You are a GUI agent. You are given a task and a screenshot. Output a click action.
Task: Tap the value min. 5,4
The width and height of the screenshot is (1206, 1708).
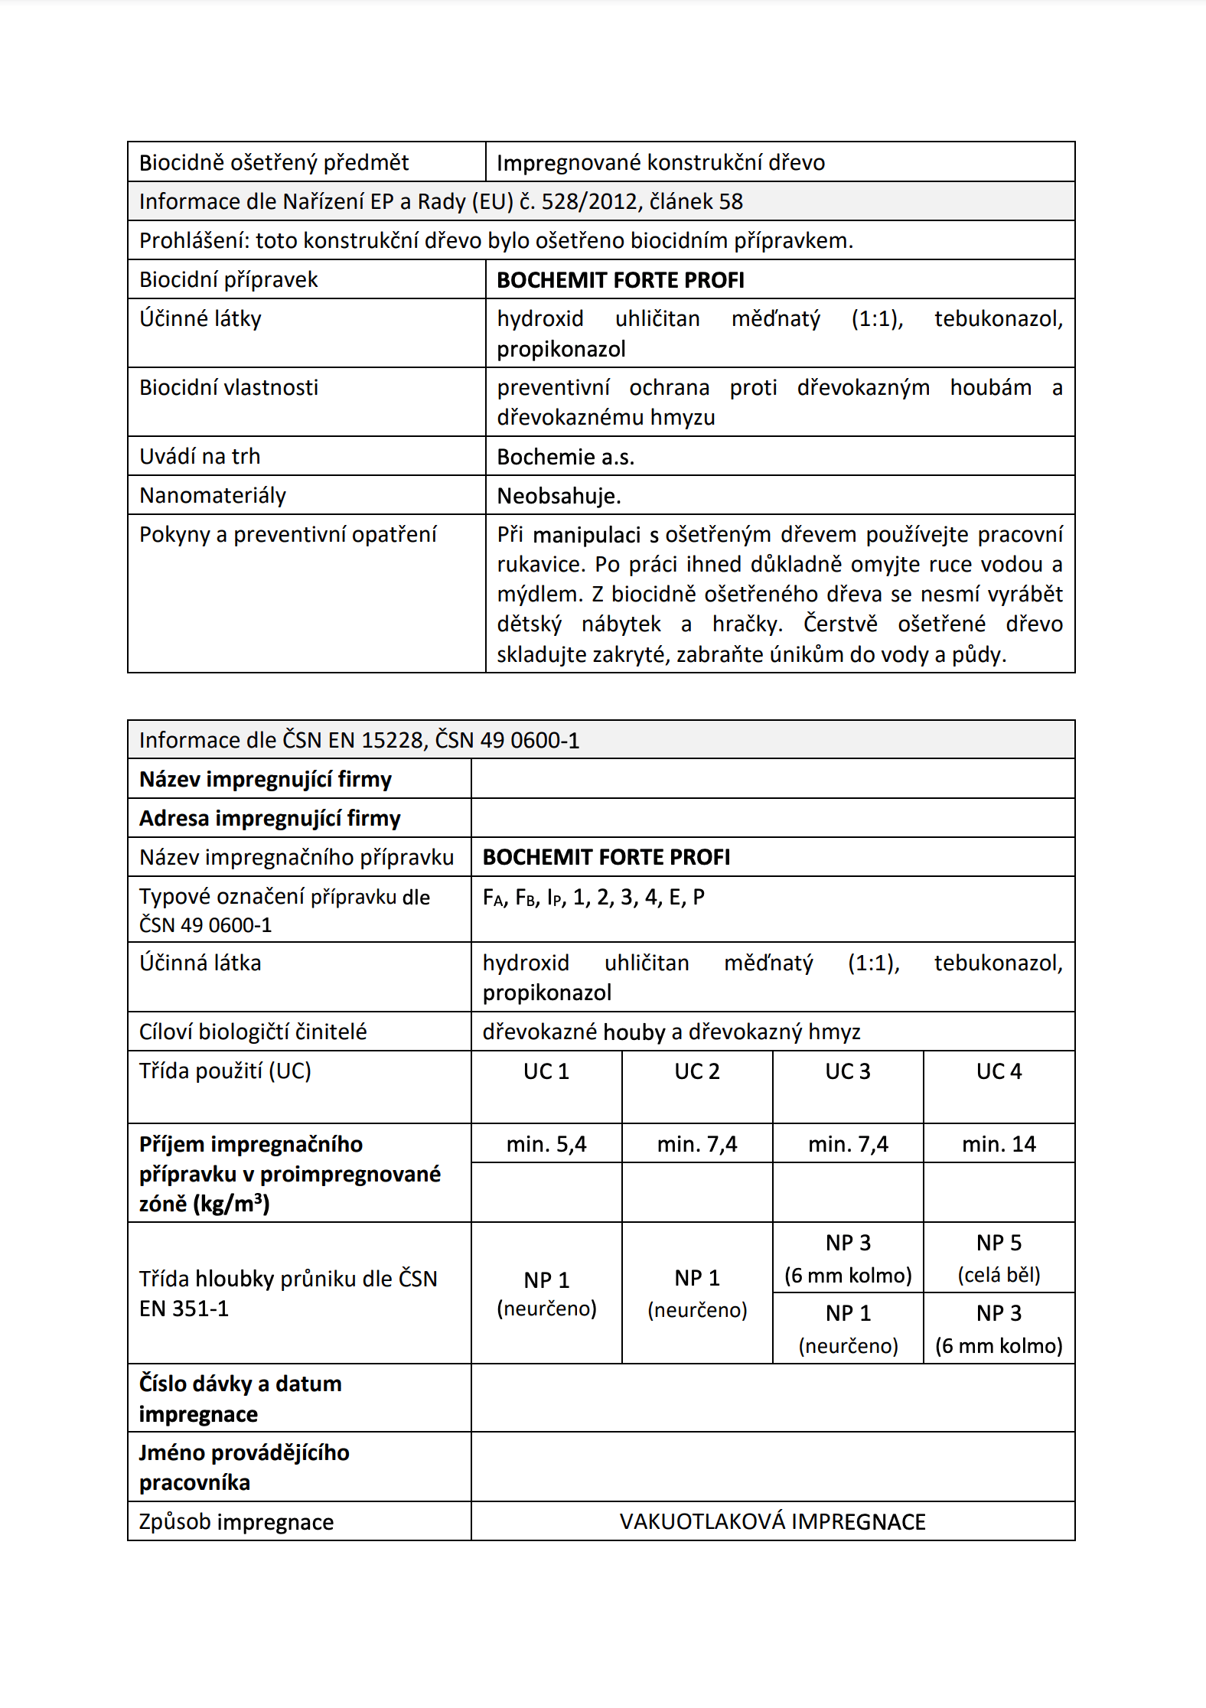(x=546, y=1144)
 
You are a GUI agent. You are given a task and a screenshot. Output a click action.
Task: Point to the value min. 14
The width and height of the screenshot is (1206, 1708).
(x=999, y=1144)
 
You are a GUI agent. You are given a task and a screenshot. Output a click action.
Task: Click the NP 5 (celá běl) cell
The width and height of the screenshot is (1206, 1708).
(x=999, y=1258)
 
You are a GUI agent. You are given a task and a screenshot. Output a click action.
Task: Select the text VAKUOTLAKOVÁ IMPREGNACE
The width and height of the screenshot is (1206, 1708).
(x=772, y=1521)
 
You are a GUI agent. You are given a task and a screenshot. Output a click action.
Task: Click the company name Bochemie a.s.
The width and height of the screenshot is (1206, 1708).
(x=566, y=457)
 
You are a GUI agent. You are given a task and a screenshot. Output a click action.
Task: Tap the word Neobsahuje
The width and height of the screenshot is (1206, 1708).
(x=559, y=496)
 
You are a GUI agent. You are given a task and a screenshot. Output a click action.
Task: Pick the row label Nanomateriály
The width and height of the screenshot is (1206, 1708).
(x=213, y=496)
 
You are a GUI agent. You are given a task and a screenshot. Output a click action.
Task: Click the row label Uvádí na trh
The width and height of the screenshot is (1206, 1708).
(x=200, y=457)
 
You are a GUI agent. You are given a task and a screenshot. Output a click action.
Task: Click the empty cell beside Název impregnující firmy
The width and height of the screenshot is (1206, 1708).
(x=772, y=779)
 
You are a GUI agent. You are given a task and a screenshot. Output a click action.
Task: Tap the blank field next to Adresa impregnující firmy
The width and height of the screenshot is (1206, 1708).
(x=772, y=818)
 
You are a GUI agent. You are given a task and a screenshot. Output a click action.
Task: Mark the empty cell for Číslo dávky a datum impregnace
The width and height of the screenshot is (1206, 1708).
(x=772, y=1398)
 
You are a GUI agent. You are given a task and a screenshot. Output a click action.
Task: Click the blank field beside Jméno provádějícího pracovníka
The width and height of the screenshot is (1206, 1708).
(x=772, y=1467)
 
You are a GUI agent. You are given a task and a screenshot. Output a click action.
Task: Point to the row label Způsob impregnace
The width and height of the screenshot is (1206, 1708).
(x=236, y=1521)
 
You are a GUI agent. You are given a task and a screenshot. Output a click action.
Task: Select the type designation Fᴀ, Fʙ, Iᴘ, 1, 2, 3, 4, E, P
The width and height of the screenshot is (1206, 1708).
(x=594, y=897)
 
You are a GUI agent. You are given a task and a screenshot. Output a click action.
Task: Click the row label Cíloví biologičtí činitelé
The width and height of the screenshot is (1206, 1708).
(x=253, y=1032)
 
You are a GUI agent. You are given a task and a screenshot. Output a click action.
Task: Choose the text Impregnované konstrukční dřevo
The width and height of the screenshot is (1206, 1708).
(x=660, y=162)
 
